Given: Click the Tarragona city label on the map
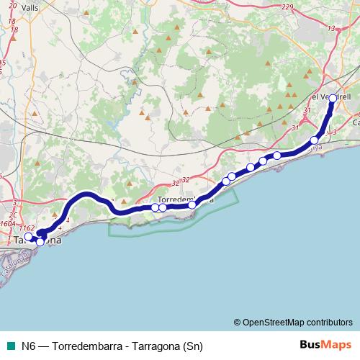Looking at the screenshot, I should tap(37, 243).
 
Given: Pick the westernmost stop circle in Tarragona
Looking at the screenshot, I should tap(27, 237).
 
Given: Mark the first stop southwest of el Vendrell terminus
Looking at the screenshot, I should tap(315, 140).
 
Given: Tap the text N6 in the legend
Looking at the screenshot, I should tap(29, 344).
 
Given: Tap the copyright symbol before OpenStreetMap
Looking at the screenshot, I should tap(237, 322).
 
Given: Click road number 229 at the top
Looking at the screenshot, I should tap(288, 7).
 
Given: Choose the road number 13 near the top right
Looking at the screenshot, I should tap(330, 27).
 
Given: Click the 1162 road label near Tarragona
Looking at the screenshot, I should tap(27, 228).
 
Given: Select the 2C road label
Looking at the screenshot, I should tap(12, 215).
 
